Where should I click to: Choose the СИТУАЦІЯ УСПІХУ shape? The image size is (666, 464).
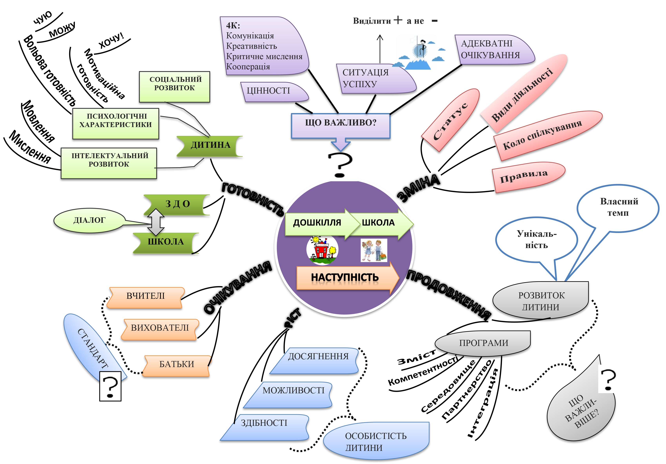pos(374,79)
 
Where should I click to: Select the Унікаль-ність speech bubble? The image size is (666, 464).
pos(537,239)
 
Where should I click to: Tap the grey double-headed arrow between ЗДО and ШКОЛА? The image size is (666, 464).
pos(156,222)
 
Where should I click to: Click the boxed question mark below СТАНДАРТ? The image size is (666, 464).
pos(110,386)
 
